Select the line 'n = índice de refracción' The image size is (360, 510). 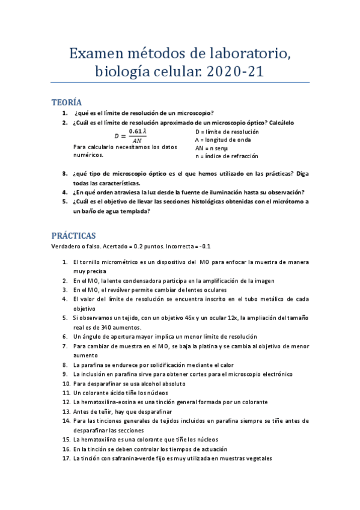point(227,156)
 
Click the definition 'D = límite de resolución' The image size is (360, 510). point(227,131)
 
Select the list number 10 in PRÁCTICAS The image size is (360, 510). point(66,383)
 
